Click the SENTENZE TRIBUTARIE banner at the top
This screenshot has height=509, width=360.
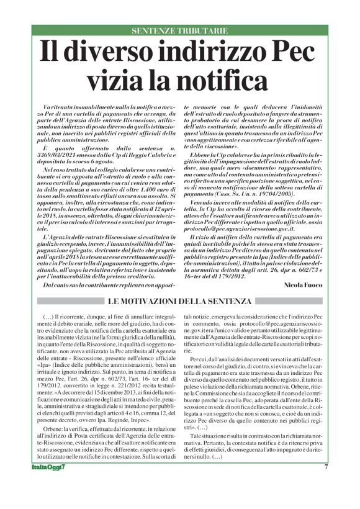tap(179, 30)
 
